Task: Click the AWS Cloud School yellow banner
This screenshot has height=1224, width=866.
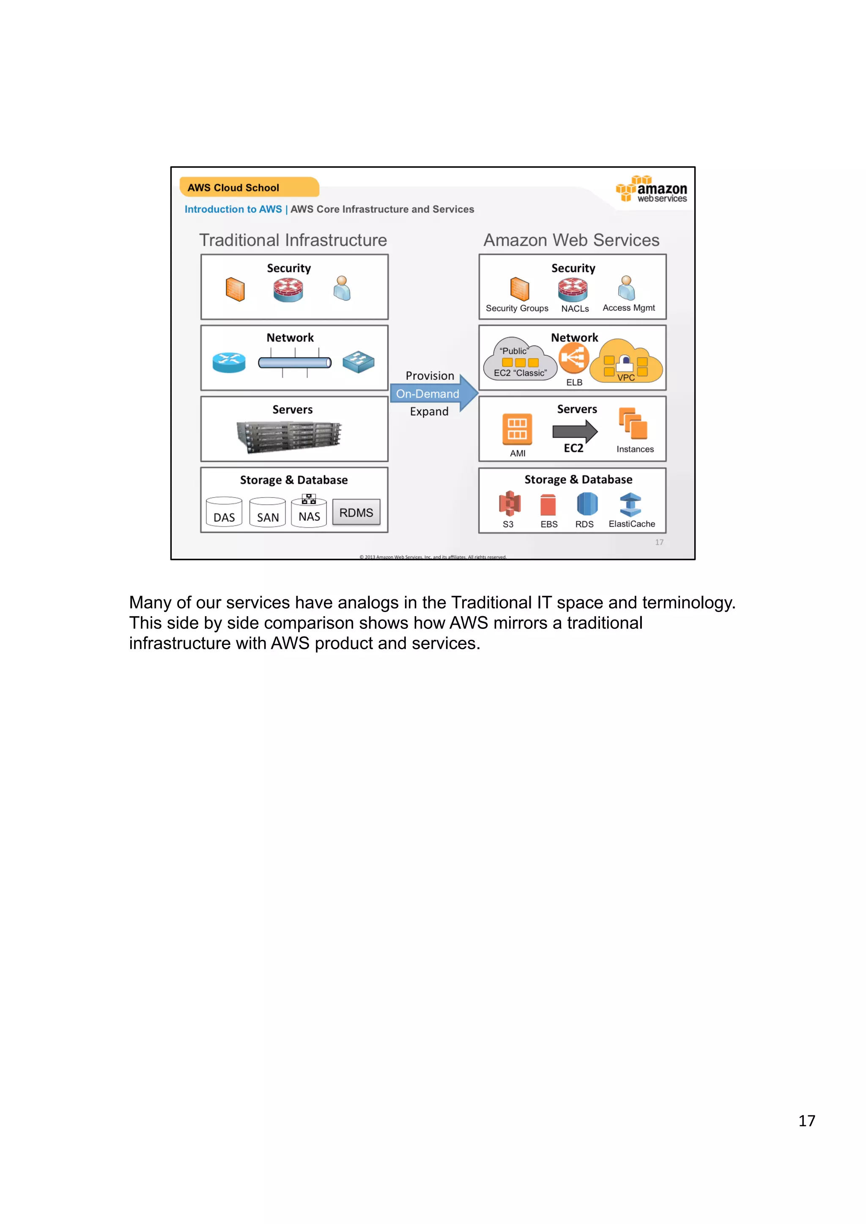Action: [249, 187]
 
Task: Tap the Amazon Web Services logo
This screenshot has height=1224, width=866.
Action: [652, 189]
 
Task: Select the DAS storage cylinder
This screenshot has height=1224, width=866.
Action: [224, 512]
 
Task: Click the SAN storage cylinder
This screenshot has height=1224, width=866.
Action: [267, 513]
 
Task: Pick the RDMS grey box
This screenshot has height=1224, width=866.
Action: [356, 512]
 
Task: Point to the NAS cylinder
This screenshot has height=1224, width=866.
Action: [309, 513]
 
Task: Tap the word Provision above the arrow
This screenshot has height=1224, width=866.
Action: [430, 376]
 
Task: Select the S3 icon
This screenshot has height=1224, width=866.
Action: [509, 503]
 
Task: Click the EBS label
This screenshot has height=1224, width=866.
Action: [548, 524]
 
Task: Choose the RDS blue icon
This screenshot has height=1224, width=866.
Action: [586, 504]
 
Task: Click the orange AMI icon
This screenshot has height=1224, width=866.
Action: [516, 429]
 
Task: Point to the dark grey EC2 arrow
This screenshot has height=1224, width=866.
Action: [575, 431]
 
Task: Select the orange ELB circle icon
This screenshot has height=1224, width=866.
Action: [574, 358]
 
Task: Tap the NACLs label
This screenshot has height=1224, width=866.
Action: [575, 309]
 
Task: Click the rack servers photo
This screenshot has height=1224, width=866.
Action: [289, 436]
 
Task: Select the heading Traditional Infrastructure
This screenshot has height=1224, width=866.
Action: [293, 240]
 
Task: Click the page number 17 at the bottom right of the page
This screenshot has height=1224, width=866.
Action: [806, 1120]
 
